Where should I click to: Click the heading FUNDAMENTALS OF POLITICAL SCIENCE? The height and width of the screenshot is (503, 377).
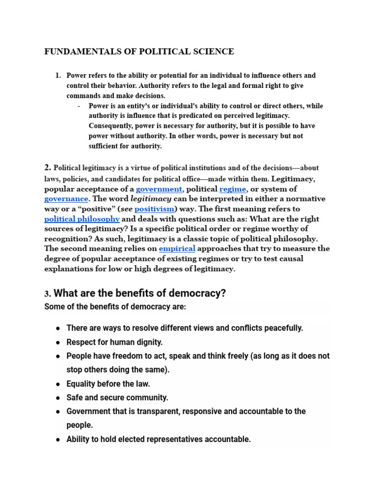click(x=139, y=52)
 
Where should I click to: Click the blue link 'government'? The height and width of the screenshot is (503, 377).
click(x=159, y=189)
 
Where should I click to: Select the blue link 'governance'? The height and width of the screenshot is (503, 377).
click(x=66, y=199)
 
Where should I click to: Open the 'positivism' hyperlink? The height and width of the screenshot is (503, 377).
click(x=154, y=209)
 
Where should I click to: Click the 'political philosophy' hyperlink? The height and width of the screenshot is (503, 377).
click(x=82, y=219)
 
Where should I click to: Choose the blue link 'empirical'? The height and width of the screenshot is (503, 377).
click(x=177, y=249)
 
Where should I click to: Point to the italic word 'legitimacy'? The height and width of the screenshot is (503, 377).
click(x=151, y=199)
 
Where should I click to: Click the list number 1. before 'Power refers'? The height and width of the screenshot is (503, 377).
click(x=58, y=76)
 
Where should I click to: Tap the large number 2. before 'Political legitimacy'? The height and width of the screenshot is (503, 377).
click(x=48, y=167)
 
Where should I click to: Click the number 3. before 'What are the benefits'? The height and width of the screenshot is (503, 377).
click(x=48, y=294)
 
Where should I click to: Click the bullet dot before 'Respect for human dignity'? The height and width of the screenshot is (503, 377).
click(x=58, y=342)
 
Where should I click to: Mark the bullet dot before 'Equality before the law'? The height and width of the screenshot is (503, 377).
click(x=58, y=384)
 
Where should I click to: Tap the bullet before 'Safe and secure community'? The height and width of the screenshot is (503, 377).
click(x=58, y=398)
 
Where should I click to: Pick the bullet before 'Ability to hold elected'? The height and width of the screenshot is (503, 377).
click(x=58, y=440)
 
